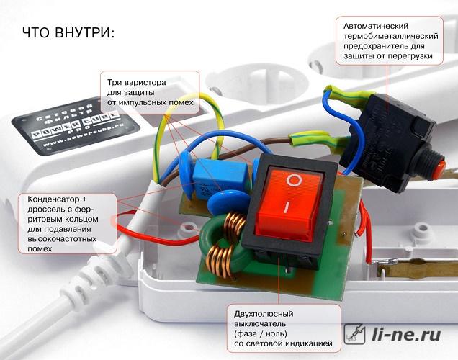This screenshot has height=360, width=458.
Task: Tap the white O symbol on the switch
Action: (x=294, y=180)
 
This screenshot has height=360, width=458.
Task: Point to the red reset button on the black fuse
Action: (x=439, y=169)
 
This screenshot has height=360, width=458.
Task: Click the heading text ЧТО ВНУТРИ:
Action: (x=68, y=32)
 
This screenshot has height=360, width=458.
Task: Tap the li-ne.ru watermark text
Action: (x=406, y=334)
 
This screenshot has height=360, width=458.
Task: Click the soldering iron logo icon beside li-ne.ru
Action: (x=354, y=334)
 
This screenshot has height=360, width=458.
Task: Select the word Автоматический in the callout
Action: (x=376, y=26)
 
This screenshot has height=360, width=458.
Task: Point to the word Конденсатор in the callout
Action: (x=53, y=199)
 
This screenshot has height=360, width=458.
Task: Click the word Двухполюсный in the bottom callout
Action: (x=264, y=314)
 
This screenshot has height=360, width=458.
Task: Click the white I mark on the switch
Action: (x=287, y=207)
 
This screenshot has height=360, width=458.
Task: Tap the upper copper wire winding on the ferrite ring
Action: (x=235, y=224)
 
